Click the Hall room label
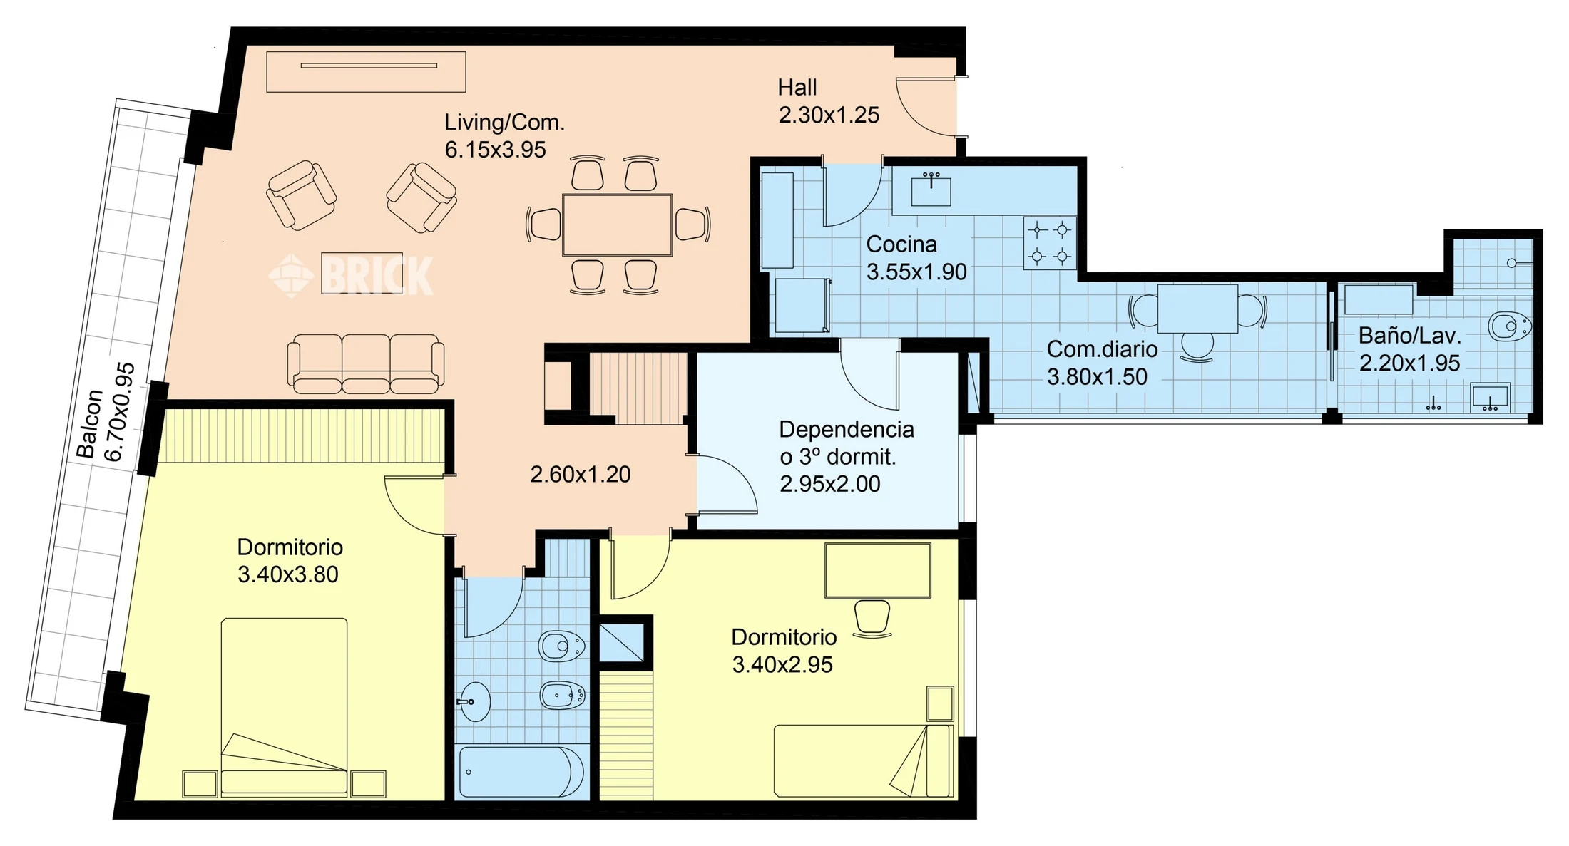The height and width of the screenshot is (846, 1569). [x=797, y=88]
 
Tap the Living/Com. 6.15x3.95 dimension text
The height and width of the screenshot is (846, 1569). [x=495, y=150]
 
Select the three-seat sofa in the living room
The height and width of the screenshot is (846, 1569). [x=366, y=363]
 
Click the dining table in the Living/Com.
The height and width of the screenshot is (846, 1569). [x=617, y=225]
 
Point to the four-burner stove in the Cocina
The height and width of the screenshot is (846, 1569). [x=1050, y=243]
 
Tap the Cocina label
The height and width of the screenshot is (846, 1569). [x=901, y=244]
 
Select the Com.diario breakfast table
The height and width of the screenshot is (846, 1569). [x=1197, y=309]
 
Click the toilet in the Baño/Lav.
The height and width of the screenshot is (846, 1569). [x=1510, y=326]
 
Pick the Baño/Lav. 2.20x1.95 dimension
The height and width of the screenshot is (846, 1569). [x=1409, y=363]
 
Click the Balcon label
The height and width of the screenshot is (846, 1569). [x=88, y=423]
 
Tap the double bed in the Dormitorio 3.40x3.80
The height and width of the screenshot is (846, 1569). [x=284, y=707]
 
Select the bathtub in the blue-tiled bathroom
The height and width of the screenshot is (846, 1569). [x=521, y=772]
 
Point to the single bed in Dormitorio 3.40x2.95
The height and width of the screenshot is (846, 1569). [x=864, y=761]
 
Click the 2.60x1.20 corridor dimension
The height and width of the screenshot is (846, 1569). [x=581, y=475]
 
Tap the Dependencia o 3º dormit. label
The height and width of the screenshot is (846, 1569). [x=846, y=443]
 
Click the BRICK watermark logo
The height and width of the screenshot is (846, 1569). [x=351, y=275]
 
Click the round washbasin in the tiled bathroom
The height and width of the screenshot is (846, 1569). [x=474, y=702]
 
